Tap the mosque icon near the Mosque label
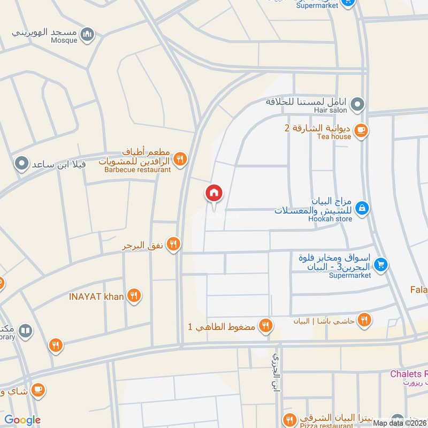(87, 36)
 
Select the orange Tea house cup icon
(361, 130)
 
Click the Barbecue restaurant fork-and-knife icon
(180, 159)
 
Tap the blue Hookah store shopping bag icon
(362, 208)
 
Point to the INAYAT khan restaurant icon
(134, 296)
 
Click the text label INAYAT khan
(96, 296)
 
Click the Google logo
(23, 421)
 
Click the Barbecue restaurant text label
(137, 170)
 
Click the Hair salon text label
(331, 110)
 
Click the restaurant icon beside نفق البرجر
(173, 245)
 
